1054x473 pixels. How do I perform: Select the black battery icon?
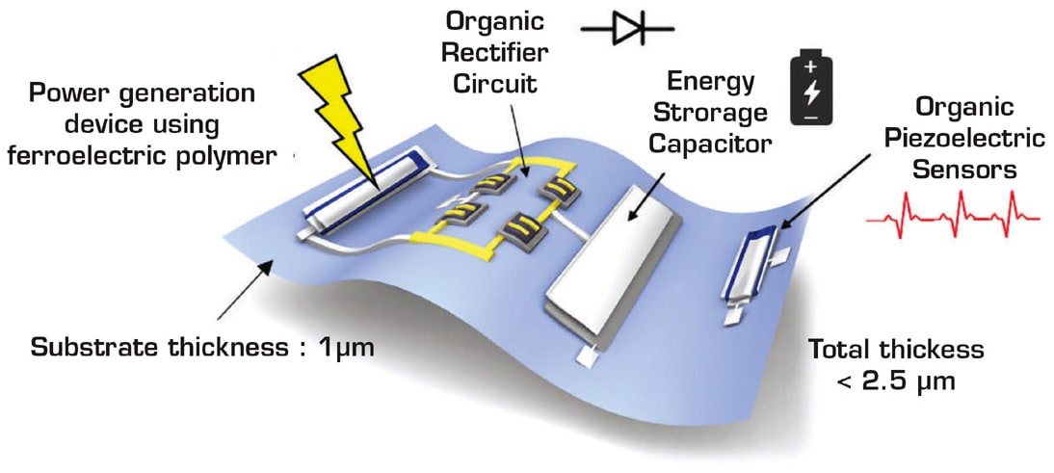coord(808,89)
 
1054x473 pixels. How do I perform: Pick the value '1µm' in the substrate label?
coord(341,344)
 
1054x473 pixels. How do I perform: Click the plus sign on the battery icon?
coord(808,68)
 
